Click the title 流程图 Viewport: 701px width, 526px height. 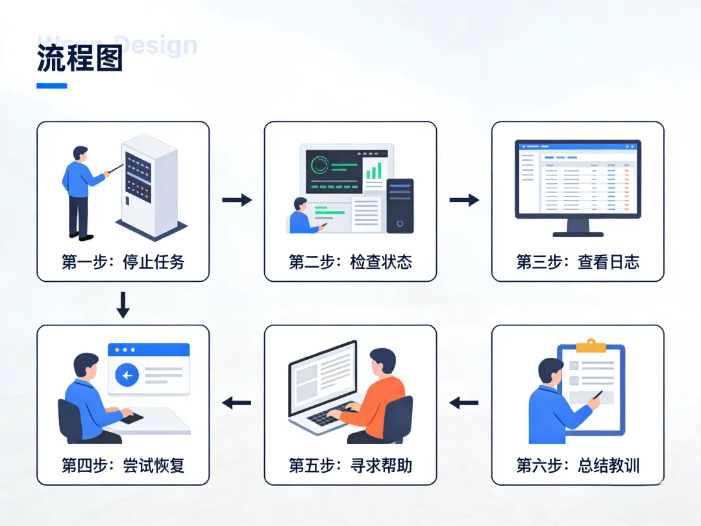(80, 59)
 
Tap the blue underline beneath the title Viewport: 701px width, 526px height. (52, 86)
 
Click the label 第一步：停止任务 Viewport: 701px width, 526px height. (123, 262)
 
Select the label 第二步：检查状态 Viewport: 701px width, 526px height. (350, 262)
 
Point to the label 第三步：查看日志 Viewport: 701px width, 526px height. (578, 262)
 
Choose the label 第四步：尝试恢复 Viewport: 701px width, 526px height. (123, 465)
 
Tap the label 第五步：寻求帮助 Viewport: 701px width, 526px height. (350, 465)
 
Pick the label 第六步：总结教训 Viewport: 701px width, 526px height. (578, 465)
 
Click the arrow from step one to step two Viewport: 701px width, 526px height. (237, 200)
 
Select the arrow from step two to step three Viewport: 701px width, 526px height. (464, 200)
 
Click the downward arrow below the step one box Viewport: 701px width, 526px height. (123, 305)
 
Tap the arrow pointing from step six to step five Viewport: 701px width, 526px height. (464, 403)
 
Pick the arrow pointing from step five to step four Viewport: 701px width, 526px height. (237, 403)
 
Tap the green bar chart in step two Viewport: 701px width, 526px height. (373, 171)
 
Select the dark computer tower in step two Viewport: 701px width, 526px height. (400, 205)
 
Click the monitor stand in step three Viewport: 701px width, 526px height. (578, 227)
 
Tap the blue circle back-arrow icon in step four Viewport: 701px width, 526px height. (127, 375)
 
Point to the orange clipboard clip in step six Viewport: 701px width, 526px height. (591, 345)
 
